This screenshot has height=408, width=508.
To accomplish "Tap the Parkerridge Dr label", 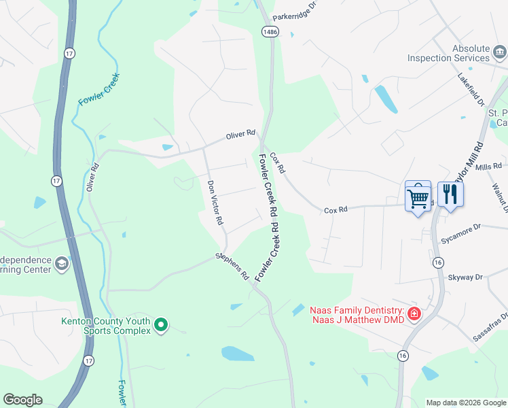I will pos(295,12).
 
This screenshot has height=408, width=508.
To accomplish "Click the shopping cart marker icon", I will pos(418,198).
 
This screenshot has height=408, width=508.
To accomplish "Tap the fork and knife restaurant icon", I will pos(450,195).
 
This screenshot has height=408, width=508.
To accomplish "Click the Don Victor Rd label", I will pos(215,202).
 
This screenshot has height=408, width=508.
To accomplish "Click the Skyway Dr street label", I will pos(465,277).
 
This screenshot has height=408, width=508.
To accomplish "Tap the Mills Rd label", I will pos(488,166).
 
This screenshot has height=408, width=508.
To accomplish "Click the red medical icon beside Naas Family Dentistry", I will pos(414,313).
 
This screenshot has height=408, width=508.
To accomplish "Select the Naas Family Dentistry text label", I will pos(357,314).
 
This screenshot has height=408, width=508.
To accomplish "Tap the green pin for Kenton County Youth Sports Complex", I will pos(161,326).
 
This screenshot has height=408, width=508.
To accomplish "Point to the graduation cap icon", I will pos(62,264).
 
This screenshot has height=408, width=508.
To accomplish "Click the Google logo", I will pos(22,400).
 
